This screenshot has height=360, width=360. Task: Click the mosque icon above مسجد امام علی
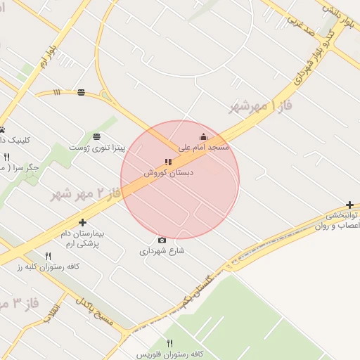203,136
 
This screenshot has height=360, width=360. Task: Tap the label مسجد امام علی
204,148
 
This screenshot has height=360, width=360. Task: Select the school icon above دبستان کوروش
168,162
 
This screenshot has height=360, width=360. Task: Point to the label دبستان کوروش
169,173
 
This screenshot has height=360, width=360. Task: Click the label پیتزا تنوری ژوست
97,148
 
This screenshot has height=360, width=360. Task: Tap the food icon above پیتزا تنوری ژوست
96,136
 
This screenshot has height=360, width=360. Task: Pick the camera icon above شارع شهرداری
162,240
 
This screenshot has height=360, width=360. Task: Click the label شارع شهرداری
162,251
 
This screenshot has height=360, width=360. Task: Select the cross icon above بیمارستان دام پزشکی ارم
82,222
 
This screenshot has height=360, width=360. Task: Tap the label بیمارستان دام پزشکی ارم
79,238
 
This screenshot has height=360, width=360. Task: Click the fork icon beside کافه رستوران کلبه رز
49,256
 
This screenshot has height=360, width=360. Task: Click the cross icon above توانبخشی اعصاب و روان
330,204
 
